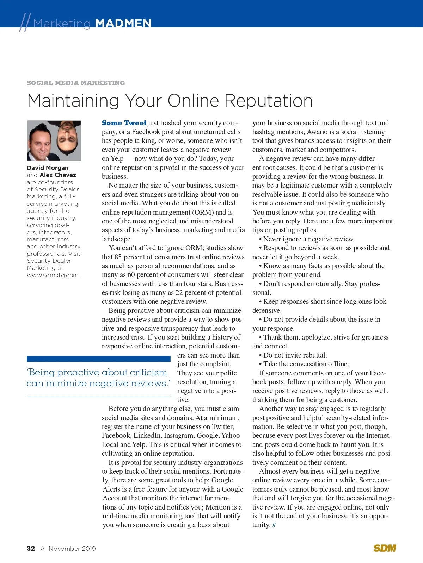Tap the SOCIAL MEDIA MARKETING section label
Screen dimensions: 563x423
point(76,83)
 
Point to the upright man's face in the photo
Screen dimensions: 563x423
point(40,141)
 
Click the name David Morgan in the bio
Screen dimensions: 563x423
point(48,168)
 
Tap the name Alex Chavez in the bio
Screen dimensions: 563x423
point(58,175)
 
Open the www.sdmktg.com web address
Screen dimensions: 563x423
point(53,275)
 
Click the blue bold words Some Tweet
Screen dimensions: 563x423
point(124,123)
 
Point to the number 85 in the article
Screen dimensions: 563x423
point(118,257)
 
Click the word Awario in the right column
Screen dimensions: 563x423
point(317,132)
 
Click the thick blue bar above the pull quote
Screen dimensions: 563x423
point(99,359)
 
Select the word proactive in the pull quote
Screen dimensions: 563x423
point(78,372)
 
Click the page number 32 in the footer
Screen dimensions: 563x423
point(31,548)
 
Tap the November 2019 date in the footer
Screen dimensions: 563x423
point(72,548)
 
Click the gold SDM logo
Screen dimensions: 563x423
point(385,548)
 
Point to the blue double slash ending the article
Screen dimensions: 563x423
point(274,525)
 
